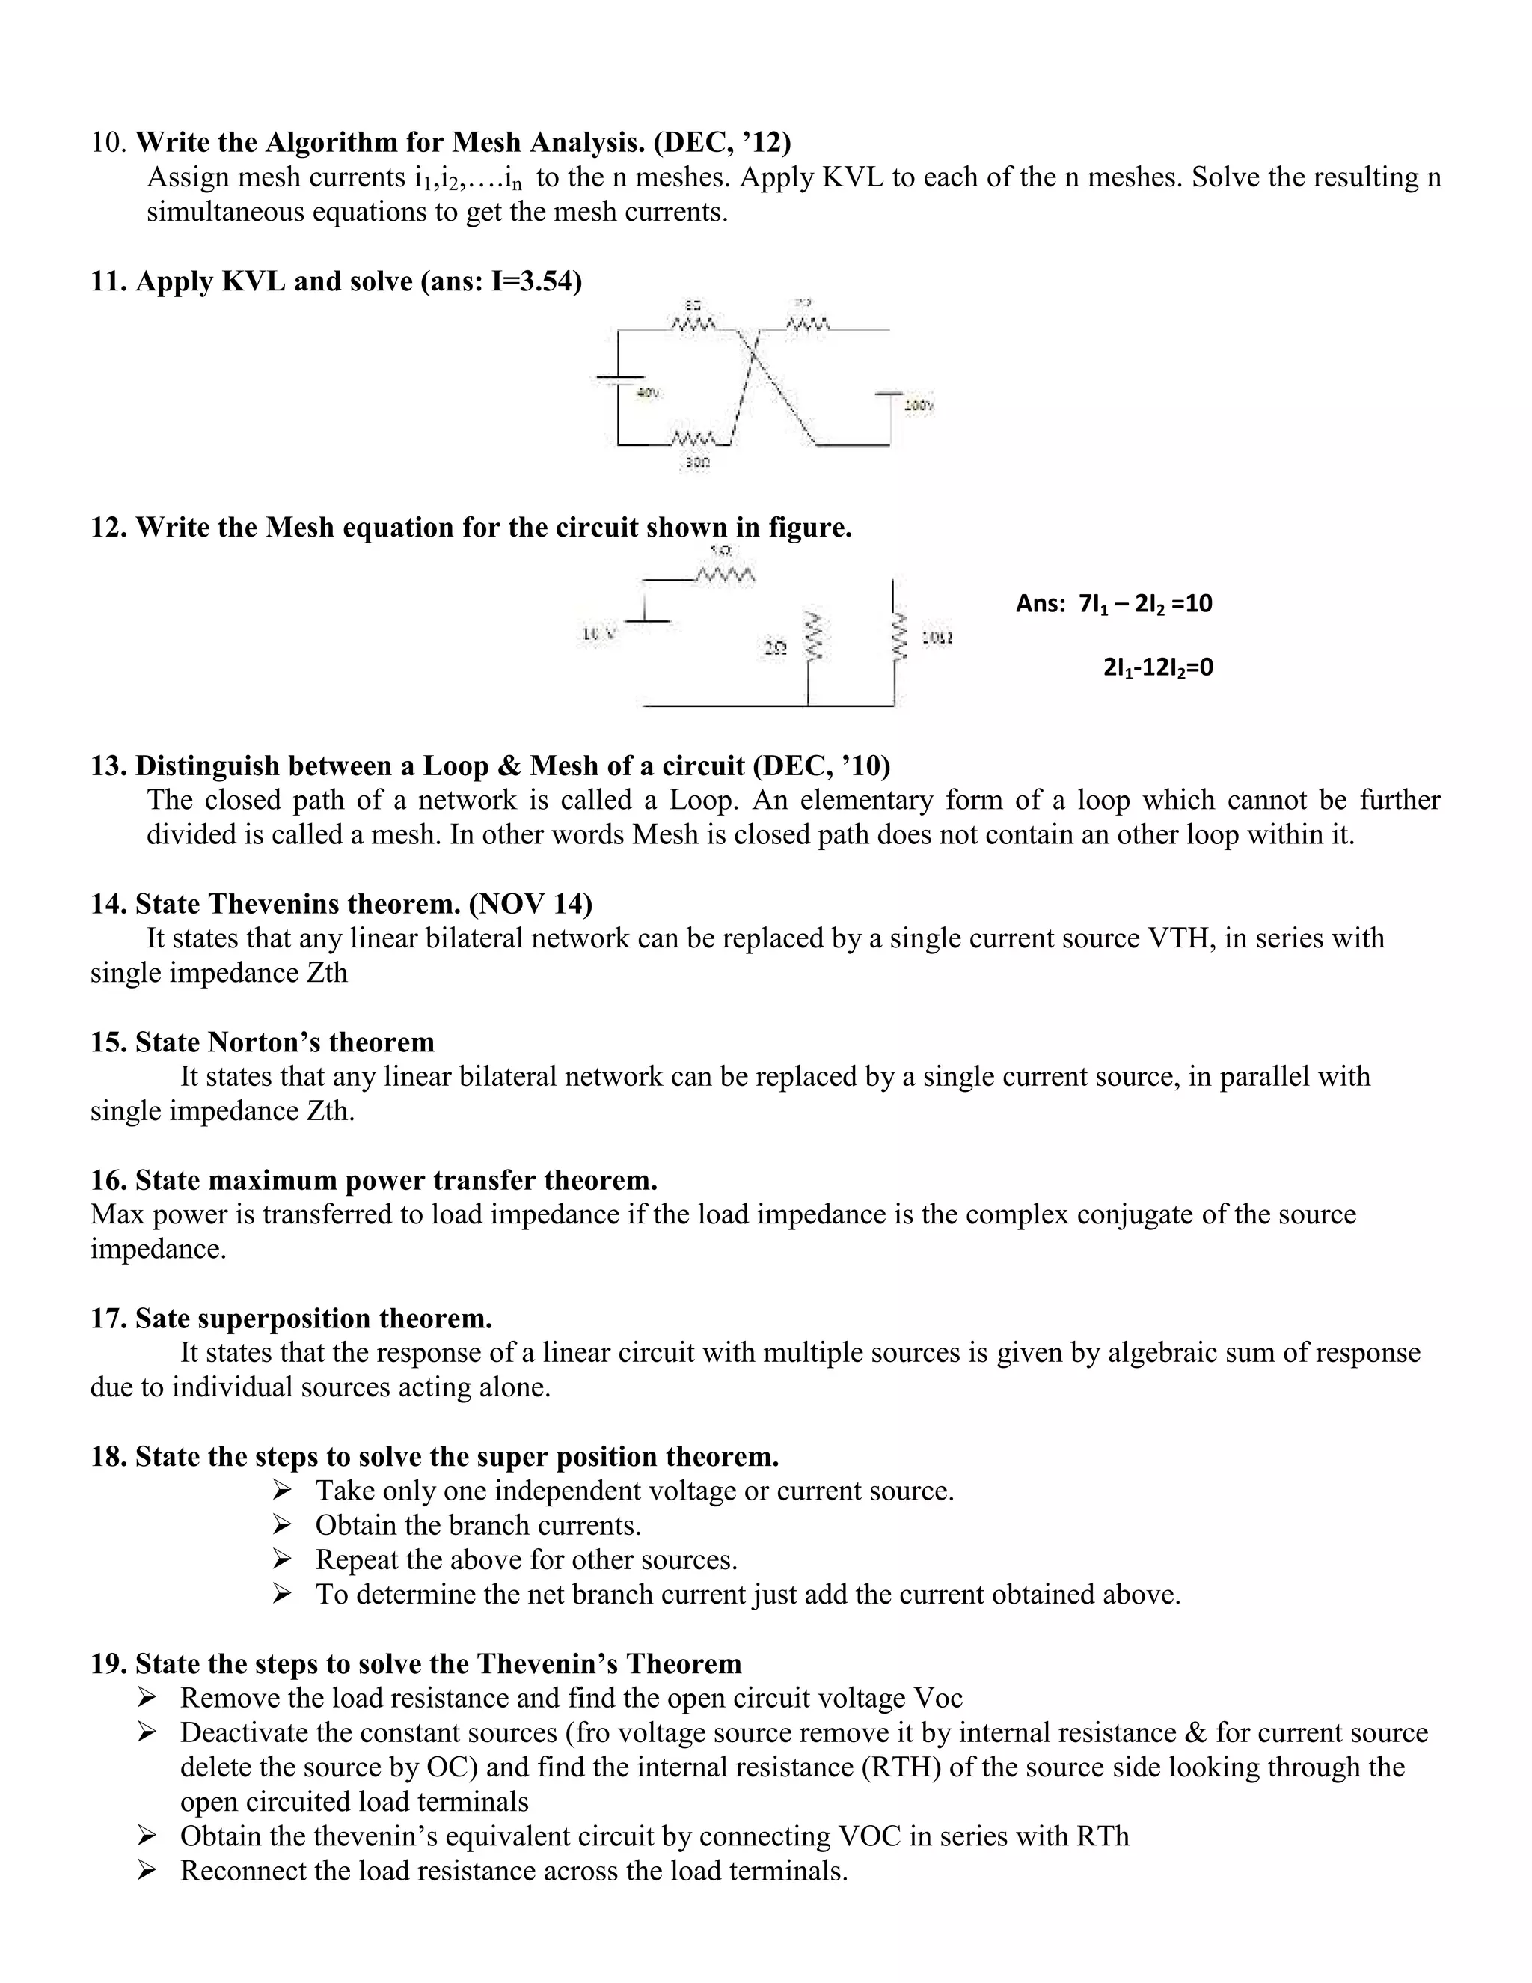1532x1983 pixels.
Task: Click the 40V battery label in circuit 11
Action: [x=648, y=393]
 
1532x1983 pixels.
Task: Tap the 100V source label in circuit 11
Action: [x=919, y=406]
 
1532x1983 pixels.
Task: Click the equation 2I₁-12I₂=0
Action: [x=1158, y=668]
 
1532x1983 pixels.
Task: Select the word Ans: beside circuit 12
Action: [x=1040, y=604]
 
